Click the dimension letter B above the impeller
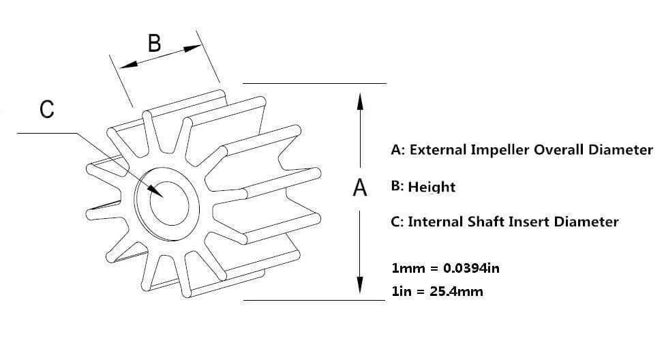(x=155, y=43)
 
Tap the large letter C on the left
(x=47, y=109)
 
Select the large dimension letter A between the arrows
(x=359, y=187)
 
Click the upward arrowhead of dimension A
(x=360, y=102)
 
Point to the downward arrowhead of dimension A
(x=359, y=284)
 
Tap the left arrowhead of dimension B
(x=129, y=64)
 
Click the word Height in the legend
(x=432, y=187)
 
